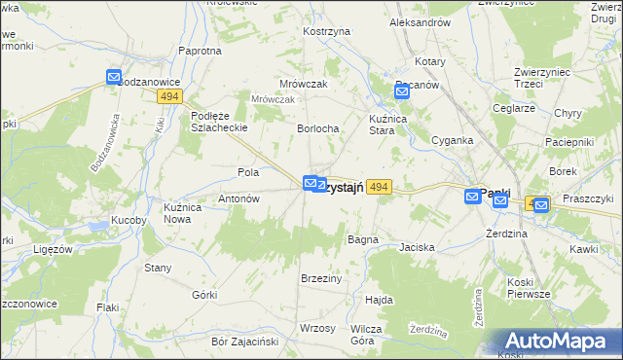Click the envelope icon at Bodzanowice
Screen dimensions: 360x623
pos(114,78)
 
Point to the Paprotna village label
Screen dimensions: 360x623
pos(200,51)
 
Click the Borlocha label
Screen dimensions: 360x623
pos(317,128)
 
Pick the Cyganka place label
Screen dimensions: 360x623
pos(452,140)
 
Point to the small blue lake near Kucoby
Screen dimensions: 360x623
pos(99,228)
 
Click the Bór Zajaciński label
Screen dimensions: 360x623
pos(245,342)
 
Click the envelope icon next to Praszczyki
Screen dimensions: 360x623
pos(540,204)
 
